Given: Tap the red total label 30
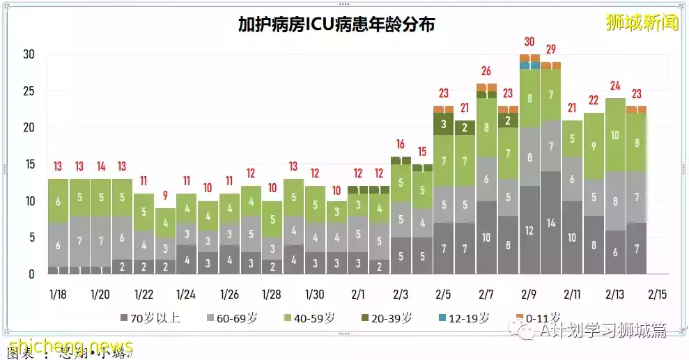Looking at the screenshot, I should click(529, 42).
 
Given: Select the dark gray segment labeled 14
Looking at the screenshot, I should click(551, 223).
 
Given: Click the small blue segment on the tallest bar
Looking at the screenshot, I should click(529, 65).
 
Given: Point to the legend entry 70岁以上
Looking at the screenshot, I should click(150, 318).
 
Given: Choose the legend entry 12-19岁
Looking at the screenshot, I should click(465, 318).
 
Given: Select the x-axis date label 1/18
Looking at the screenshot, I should click(59, 295).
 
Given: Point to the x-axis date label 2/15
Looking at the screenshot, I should click(658, 295).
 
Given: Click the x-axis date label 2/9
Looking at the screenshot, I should click(529, 295).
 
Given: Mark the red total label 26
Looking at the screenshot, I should click(486, 71).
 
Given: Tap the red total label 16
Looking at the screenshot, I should click(401, 144).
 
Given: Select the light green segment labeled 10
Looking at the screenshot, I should click(615, 135).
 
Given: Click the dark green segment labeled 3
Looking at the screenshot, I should click(443, 124).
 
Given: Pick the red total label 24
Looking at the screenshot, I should click(615, 86).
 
